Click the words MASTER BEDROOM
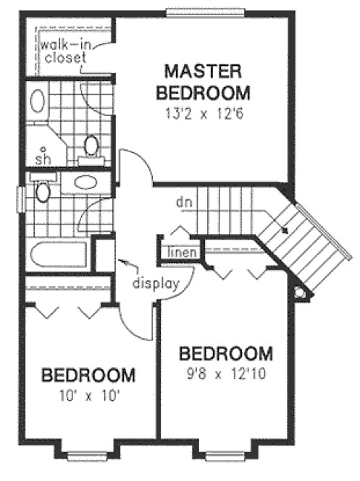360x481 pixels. (206, 82)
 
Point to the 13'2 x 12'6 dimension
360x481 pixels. (206, 113)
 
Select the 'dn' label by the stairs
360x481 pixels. (182, 201)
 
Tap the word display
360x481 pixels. (155, 283)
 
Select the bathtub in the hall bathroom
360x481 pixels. (57, 256)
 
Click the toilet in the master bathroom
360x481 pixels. (92, 146)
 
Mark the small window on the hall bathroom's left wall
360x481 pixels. (21, 196)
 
